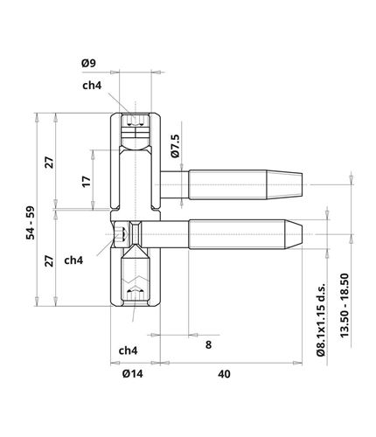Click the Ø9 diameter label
pyautogui.click(x=88, y=63)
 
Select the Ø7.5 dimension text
pyautogui.click(x=175, y=146)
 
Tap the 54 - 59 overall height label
pyautogui.click(x=31, y=223)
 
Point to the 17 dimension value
pyautogui.click(x=87, y=182)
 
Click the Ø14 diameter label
pyautogui.click(x=133, y=374)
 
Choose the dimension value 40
pyautogui.click(x=224, y=374)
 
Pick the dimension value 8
pyautogui.click(x=208, y=345)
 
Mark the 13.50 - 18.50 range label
pyautogui.click(x=345, y=305)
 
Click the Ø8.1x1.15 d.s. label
pyautogui.click(x=321, y=319)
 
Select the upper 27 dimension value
pyautogui.click(x=50, y=163)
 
